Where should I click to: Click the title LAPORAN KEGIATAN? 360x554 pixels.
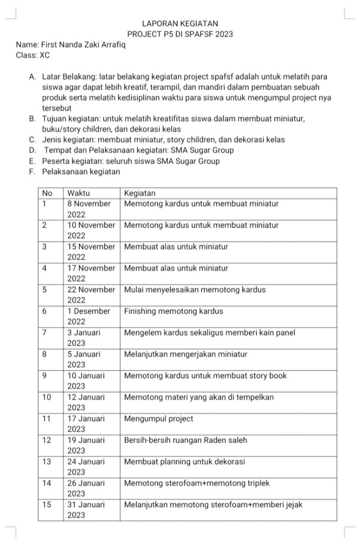pos(180,24)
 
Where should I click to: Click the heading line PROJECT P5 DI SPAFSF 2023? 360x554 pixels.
pos(180,34)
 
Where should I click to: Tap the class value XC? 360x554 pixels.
pos(44,55)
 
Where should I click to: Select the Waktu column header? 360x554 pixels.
pos(79,193)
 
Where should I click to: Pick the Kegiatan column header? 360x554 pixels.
pos(140,193)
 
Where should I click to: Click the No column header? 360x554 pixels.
pos(48,193)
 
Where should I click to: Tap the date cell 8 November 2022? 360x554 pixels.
pos(89,208)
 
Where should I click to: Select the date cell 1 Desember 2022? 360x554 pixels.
pos(89,316)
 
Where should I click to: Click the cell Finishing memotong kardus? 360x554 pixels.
pos(173,311)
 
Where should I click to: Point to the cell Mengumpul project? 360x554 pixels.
pos(159,419)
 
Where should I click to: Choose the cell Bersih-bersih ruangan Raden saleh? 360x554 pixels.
pos(186,440)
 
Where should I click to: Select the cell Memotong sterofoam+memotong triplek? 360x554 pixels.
pos(197,483)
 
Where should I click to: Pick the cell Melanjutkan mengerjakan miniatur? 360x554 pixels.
pos(186,354)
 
